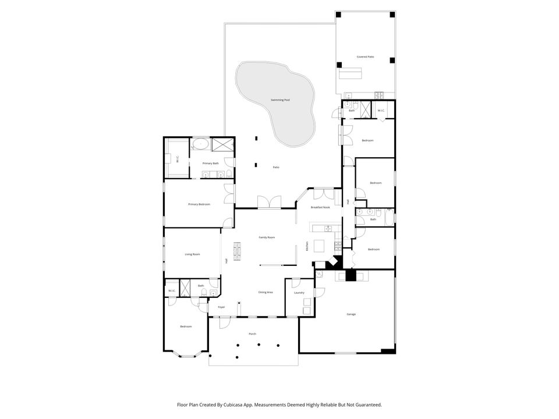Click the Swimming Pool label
coord(280,100)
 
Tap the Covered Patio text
coord(365,57)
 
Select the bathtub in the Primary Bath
coord(201,144)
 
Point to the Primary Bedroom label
coord(199,204)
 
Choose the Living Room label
coord(192,254)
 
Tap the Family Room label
coord(267,237)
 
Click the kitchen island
coord(319,246)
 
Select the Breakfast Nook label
coord(320,208)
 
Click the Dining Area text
coord(266,292)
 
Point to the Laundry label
coord(299,293)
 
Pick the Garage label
coord(351,314)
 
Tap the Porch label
coord(252,334)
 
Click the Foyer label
coord(221,307)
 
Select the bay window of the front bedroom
coord(186,354)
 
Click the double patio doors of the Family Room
coord(269,202)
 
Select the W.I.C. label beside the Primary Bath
coord(178,158)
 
